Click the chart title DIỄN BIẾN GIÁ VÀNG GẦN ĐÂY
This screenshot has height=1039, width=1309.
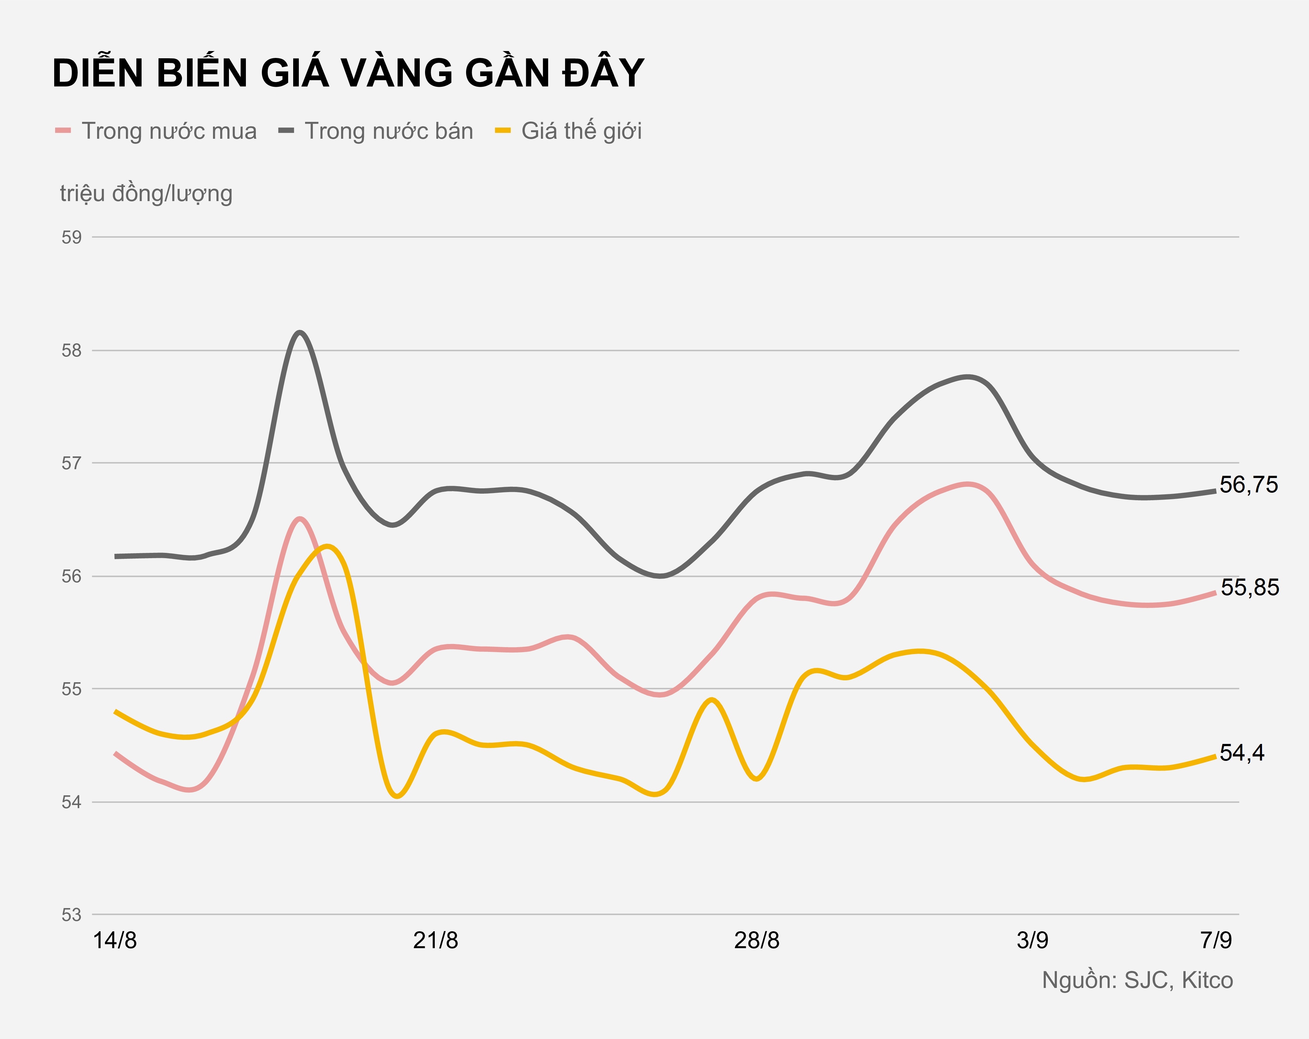coord(348,74)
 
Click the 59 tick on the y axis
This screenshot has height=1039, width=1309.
coord(72,237)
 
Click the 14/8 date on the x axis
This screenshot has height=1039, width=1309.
coord(115,941)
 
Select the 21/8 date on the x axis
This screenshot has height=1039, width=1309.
coord(435,941)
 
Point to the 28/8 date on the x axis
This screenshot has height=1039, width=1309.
coord(756,941)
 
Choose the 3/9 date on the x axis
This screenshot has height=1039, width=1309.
coord(1032,941)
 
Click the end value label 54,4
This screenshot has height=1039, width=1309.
coord(1242,753)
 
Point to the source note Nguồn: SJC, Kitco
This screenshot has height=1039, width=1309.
coord(1137,980)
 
